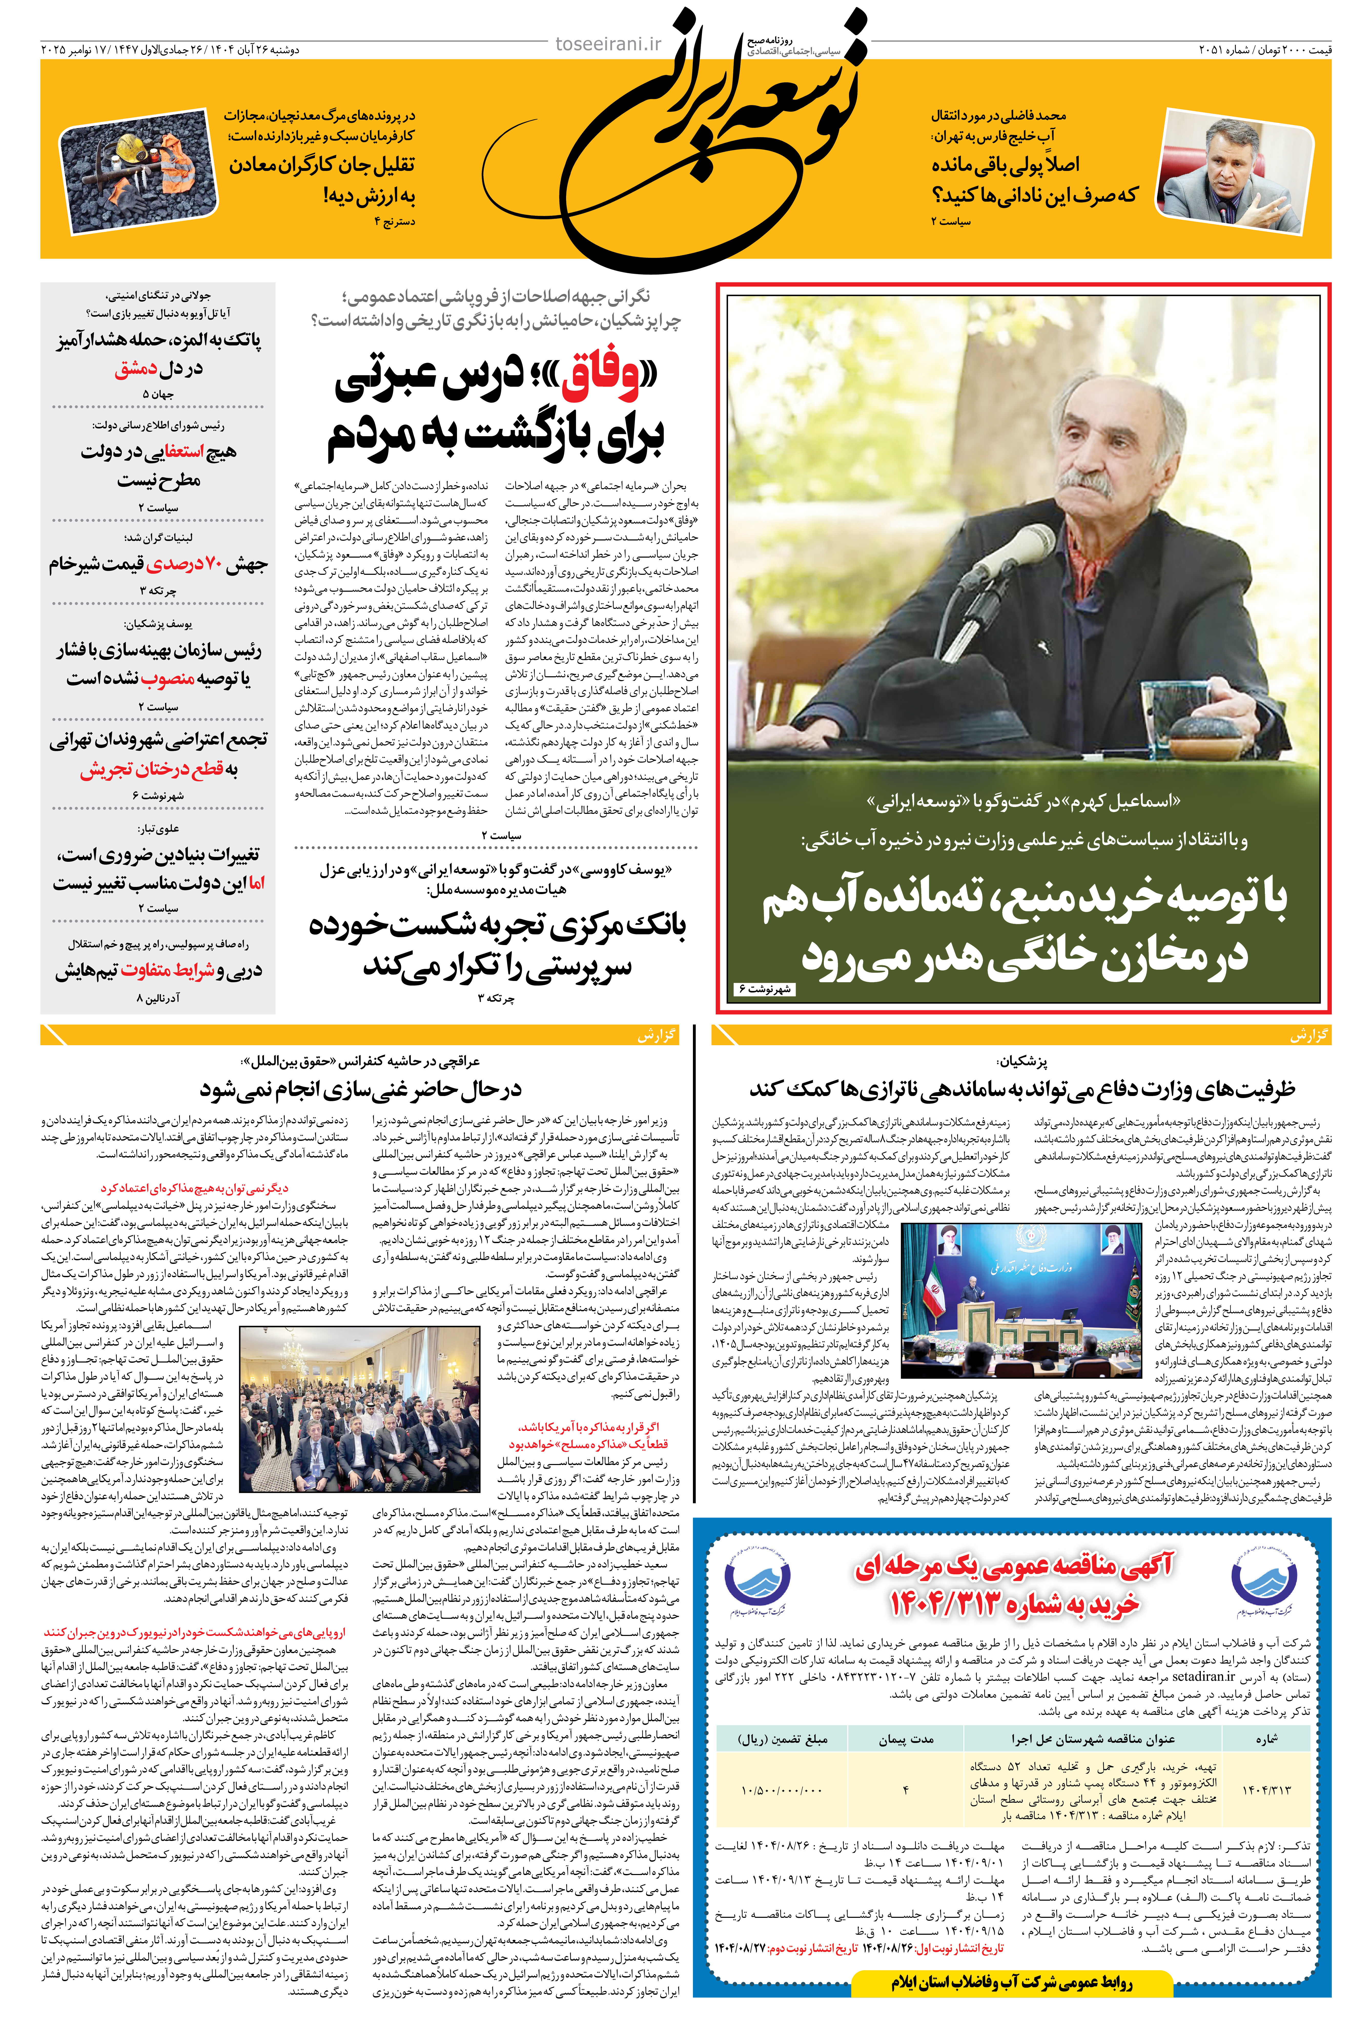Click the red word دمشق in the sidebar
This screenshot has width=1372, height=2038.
pos(136,368)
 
